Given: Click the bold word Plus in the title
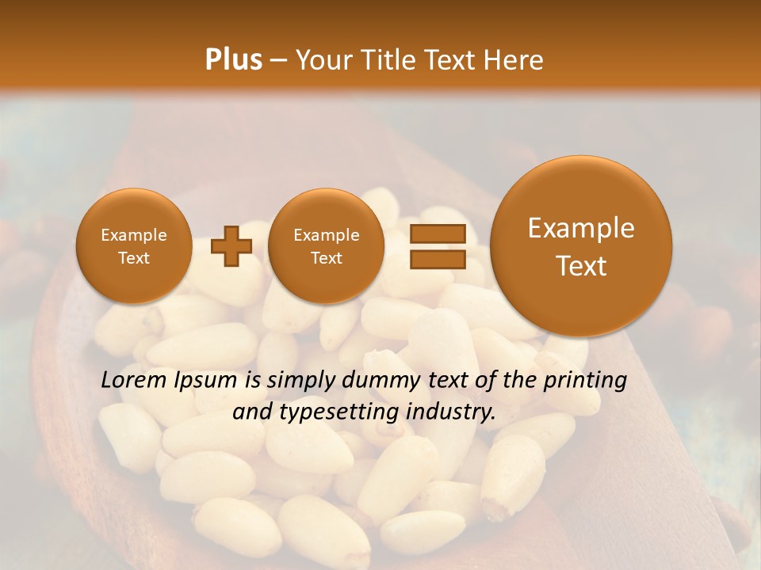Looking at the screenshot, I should click(x=233, y=60).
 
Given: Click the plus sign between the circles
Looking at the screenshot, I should click(x=231, y=246).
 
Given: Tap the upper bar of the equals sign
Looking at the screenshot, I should click(x=437, y=234).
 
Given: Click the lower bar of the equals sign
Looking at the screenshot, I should click(x=437, y=259).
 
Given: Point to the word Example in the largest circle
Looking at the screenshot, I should click(x=581, y=228).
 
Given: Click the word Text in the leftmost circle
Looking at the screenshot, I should click(x=134, y=258).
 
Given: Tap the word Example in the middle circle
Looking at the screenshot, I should click(x=326, y=235).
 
